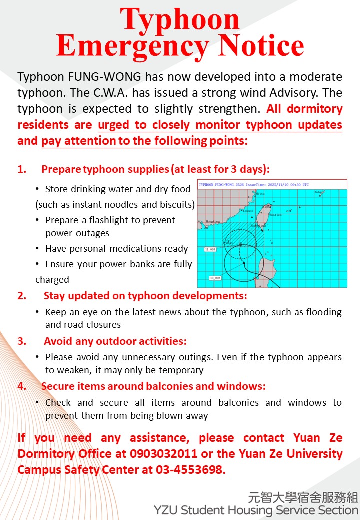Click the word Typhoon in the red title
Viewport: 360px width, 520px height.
(180, 20)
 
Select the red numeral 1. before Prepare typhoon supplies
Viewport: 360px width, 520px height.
(22, 169)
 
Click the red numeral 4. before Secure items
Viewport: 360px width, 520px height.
(22, 386)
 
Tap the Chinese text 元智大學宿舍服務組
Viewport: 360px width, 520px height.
(303, 497)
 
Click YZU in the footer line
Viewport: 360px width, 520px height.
(165, 510)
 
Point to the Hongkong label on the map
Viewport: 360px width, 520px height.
(213, 221)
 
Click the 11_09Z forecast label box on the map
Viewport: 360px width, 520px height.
(210, 248)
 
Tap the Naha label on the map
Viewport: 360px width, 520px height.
(318, 192)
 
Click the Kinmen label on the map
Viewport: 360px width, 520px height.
(247, 211)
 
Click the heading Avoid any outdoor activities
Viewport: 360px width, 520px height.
(115, 342)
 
